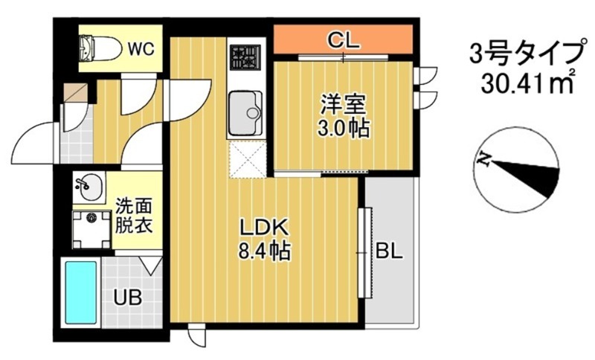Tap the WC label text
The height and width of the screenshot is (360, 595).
click(x=140, y=49)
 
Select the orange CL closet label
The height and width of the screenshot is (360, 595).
click(x=344, y=39)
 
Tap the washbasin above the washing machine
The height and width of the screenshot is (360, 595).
click(x=90, y=186)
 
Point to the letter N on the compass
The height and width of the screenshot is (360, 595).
click(x=484, y=158)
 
